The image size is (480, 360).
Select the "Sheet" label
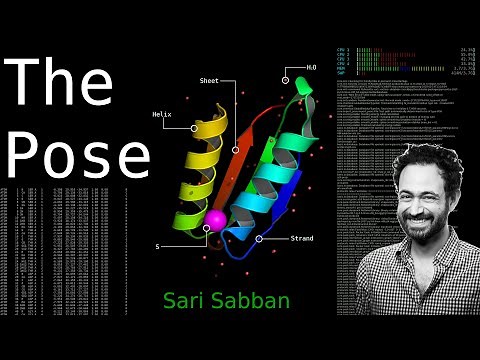click(x=210, y=80)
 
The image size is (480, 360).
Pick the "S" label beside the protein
click(x=157, y=245)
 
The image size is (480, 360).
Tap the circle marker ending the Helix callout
click(x=194, y=128)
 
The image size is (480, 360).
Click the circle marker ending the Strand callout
click(x=260, y=239)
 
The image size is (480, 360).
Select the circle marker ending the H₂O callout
click(x=286, y=79)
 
